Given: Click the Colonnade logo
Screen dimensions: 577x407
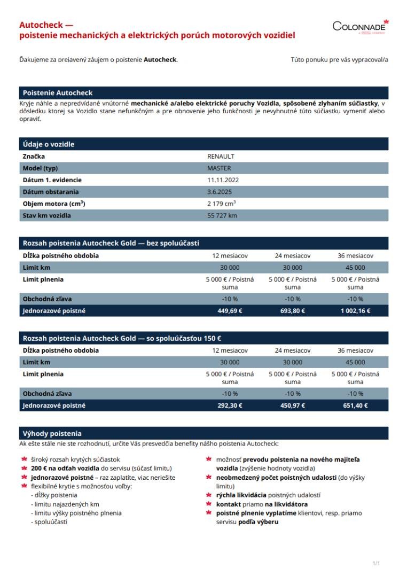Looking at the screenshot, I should click(360, 26).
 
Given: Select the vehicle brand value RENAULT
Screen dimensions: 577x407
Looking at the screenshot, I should click(221, 157).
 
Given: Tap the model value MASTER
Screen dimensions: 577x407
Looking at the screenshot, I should click(219, 168).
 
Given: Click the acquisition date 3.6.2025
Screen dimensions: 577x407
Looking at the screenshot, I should click(220, 192).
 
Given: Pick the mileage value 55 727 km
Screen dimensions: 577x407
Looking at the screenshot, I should click(222, 216).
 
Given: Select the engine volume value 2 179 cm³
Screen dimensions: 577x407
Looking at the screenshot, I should click(222, 204).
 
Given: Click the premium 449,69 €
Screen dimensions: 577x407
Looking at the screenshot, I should click(230, 311).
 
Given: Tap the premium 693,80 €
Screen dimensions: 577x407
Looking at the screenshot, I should click(293, 311).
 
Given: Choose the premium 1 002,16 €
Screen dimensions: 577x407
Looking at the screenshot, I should click(355, 311).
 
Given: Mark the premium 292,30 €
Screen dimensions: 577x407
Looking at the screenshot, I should click(230, 406).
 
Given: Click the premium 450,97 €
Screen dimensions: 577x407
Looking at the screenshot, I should click(293, 406).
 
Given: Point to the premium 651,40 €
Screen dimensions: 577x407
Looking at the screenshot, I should click(355, 406).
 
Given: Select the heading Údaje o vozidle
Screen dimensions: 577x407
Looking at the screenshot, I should click(49, 144).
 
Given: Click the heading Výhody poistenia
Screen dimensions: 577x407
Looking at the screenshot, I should click(52, 433).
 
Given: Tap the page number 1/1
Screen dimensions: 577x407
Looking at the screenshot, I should click(376, 563).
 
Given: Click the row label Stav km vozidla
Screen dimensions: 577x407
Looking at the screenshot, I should click(47, 216).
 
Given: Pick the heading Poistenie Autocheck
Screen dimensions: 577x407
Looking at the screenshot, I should click(58, 93).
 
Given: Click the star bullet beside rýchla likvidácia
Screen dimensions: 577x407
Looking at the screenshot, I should click(209, 495).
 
